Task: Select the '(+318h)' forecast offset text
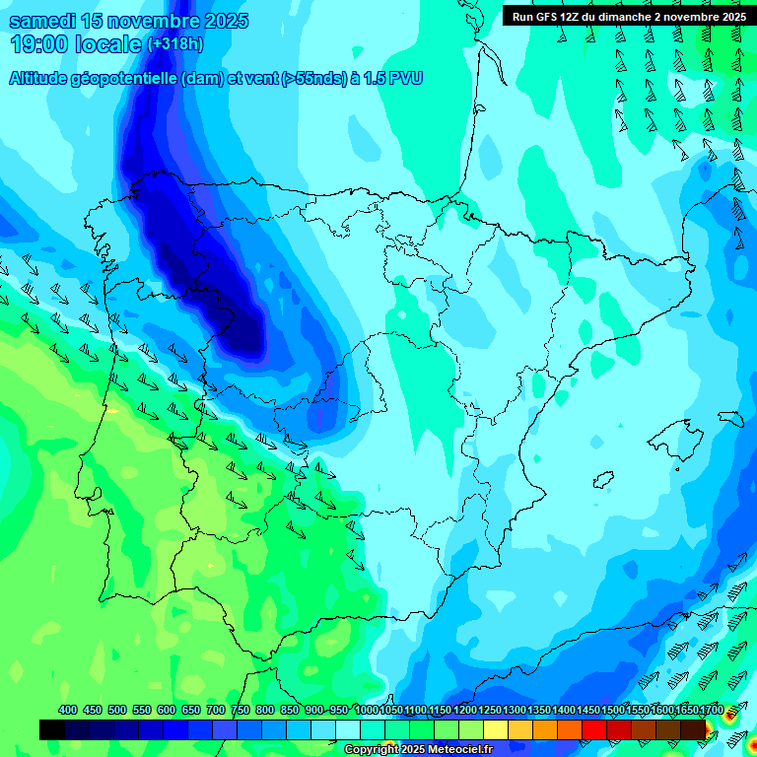(174, 43)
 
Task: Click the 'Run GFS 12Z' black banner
(629, 16)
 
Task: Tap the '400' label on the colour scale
(68, 710)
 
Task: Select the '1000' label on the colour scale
(366, 710)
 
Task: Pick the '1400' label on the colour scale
(563, 710)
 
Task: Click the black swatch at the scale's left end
(52, 729)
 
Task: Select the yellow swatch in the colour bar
(496, 729)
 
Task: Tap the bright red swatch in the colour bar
(594, 729)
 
